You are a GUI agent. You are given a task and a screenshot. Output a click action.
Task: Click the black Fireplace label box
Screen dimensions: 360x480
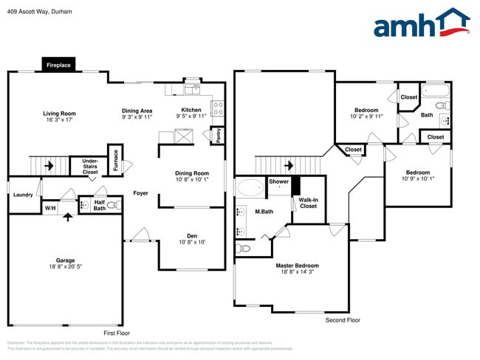[58, 65]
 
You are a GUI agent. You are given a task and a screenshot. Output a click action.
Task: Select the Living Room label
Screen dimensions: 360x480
[59, 114]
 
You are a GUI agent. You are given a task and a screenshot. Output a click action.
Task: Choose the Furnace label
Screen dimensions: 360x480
[115, 160]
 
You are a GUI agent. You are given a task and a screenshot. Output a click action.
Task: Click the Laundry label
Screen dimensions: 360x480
[22, 195]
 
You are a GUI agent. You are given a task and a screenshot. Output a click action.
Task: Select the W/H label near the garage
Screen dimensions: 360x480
[50, 208]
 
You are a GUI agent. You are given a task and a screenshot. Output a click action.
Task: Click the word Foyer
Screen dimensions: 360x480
[140, 193]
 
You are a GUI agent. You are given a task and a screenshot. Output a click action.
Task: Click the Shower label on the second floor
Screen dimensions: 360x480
[278, 181]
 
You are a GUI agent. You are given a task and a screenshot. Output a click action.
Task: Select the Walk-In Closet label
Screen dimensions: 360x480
[308, 203]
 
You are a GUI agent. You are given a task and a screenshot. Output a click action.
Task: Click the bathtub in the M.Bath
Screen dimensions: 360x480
[250, 188]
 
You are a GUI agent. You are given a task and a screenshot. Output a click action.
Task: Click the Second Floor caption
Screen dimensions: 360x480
[343, 320]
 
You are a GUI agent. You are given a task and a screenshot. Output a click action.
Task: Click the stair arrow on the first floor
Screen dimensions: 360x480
[49, 166]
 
